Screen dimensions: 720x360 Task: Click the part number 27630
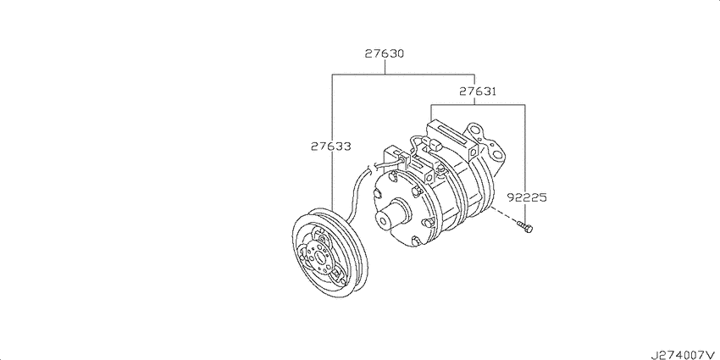coord(385,53)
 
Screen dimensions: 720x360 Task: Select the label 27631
coord(478,91)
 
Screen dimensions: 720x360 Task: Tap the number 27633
coord(330,147)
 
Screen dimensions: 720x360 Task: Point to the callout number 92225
coord(527,197)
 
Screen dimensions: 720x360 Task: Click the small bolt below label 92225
coord(524,226)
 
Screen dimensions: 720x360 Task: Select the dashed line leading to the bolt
coord(503,214)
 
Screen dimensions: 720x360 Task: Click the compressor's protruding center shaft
coord(391,214)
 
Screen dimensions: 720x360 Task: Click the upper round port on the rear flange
coord(479,135)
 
